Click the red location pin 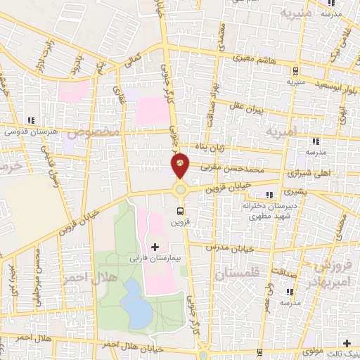[181, 165]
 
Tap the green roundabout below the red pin [181, 188]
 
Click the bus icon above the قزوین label [181, 210]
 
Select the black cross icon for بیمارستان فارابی [155, 246]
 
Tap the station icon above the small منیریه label [295, 71]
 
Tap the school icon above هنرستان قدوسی [30, 120]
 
